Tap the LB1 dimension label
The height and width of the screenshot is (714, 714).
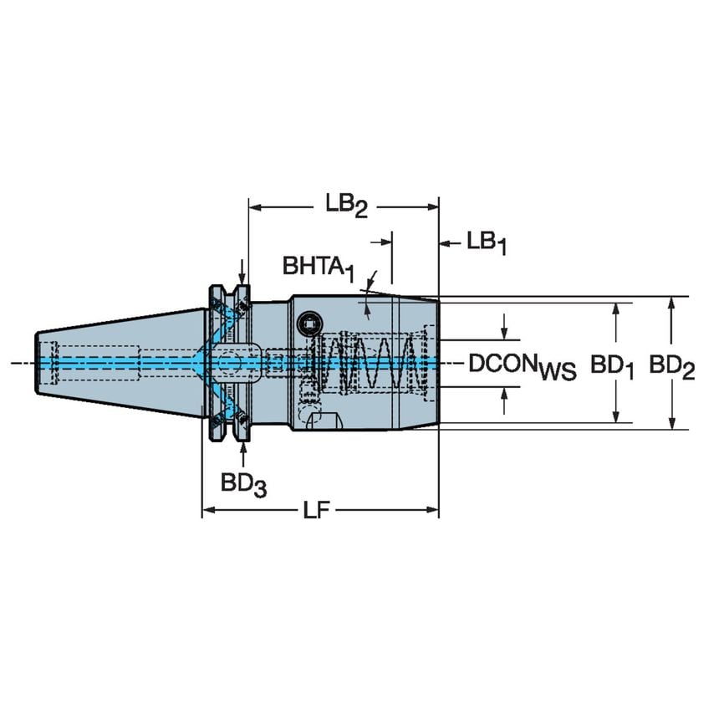click(x=486, y=242)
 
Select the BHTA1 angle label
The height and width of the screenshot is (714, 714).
click(x=318, y=268)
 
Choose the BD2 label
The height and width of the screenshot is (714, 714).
click(x=671, y=365)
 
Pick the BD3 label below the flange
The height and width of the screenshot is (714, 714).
click(x=243, y=483)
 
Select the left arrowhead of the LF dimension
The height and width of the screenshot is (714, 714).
click(x=207, y=509)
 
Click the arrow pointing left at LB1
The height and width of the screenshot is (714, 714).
click(x=446, y=243)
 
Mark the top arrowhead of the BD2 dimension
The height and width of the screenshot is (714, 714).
click(x=671, y=303)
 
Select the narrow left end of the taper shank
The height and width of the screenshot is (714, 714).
click(x=42, y=362)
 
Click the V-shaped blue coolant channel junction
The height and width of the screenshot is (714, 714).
click(x=197, y=362)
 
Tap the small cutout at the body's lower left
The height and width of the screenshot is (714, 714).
click(x=322, y=419)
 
